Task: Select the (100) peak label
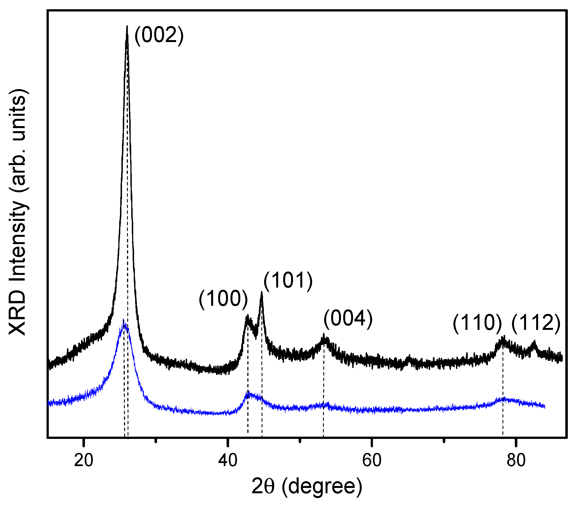pyautogui.click(x=223, y=299)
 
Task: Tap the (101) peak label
pyautogui.click(x=288, y=281)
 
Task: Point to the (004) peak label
pyautogui.click(x=348, y=319)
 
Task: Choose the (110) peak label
pyautogui.click(x=477, y=323)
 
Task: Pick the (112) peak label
pyautogui.click(x=536, y=323)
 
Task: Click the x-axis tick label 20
pyautogui.click(x=84, y=460)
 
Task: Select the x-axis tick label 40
pyautogui.click(x=227, y=460)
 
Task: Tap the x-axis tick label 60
pyautogui.click(x=372, y=460)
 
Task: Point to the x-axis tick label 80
pyautogui.click(x=516, y=460)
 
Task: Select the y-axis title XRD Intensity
pyautogui.click(x=18, y=212)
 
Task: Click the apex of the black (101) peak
pyautogui.click(x=262, y=292)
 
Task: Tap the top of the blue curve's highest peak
pyautogui.click(x=123, y=320)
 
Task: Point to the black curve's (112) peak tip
pyautogui.click(x=534, y=342)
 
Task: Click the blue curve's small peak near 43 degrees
pyautogui.click(x=248, y=392)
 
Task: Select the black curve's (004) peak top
pyautogui.click(x=324, y=335)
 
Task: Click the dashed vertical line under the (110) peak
pyautogui.click(x=503, y=396)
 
